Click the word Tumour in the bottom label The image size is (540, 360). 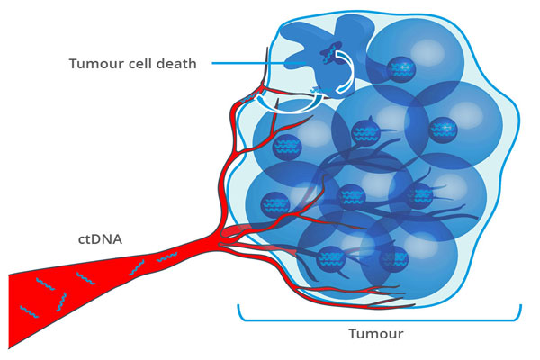pyautogui.click(x=375, y=334)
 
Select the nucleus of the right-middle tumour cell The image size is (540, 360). pyautogui.click(x=421, y=195)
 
